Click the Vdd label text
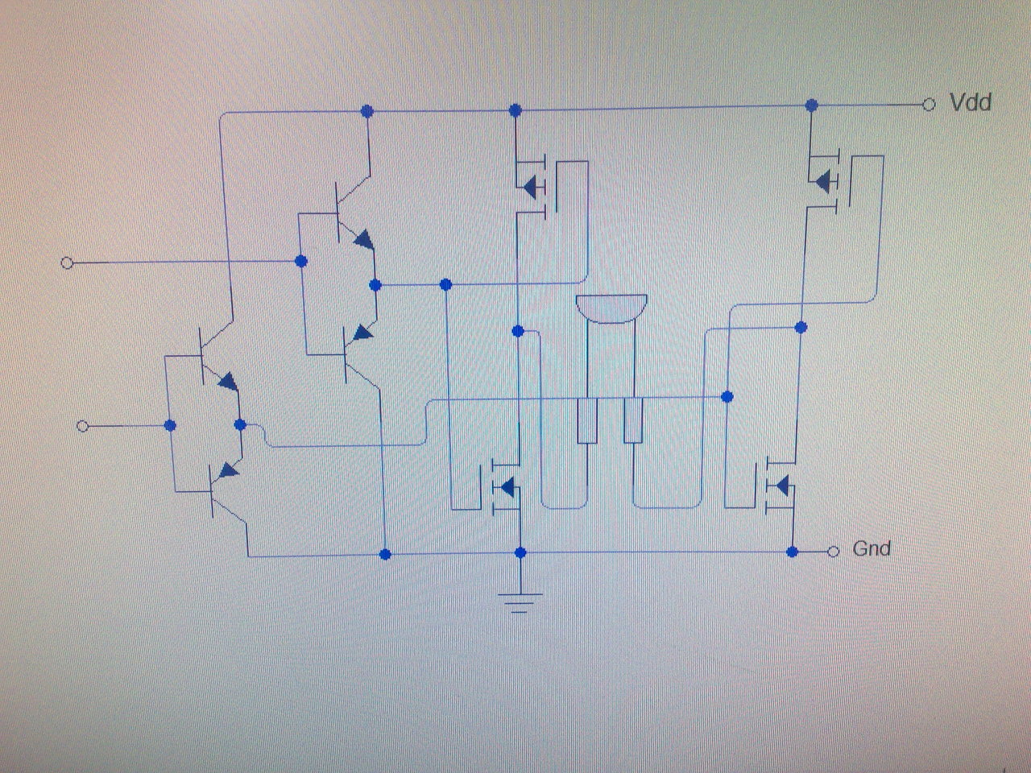click(971, 103)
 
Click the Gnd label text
click(872, 549)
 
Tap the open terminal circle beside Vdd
click(929, 105)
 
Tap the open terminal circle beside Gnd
click(834, 551)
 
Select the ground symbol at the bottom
click(520, 600)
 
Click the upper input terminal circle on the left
click(68, 262)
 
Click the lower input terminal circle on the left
click(82, 426)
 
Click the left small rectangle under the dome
click(587, 420)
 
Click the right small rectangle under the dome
click(634, 420)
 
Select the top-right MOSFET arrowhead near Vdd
click(823, 182)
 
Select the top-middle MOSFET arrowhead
click(529, 188)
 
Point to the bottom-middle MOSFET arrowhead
click(507, 486)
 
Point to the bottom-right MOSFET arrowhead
click(780, 486)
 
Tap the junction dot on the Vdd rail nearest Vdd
click(812, 105)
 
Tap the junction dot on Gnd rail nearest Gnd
click(793, 552)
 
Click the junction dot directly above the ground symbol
click(520, 552)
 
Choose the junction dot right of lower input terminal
click(170, 425)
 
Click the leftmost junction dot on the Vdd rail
click(367, 110)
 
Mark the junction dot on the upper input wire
click(301, 261)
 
